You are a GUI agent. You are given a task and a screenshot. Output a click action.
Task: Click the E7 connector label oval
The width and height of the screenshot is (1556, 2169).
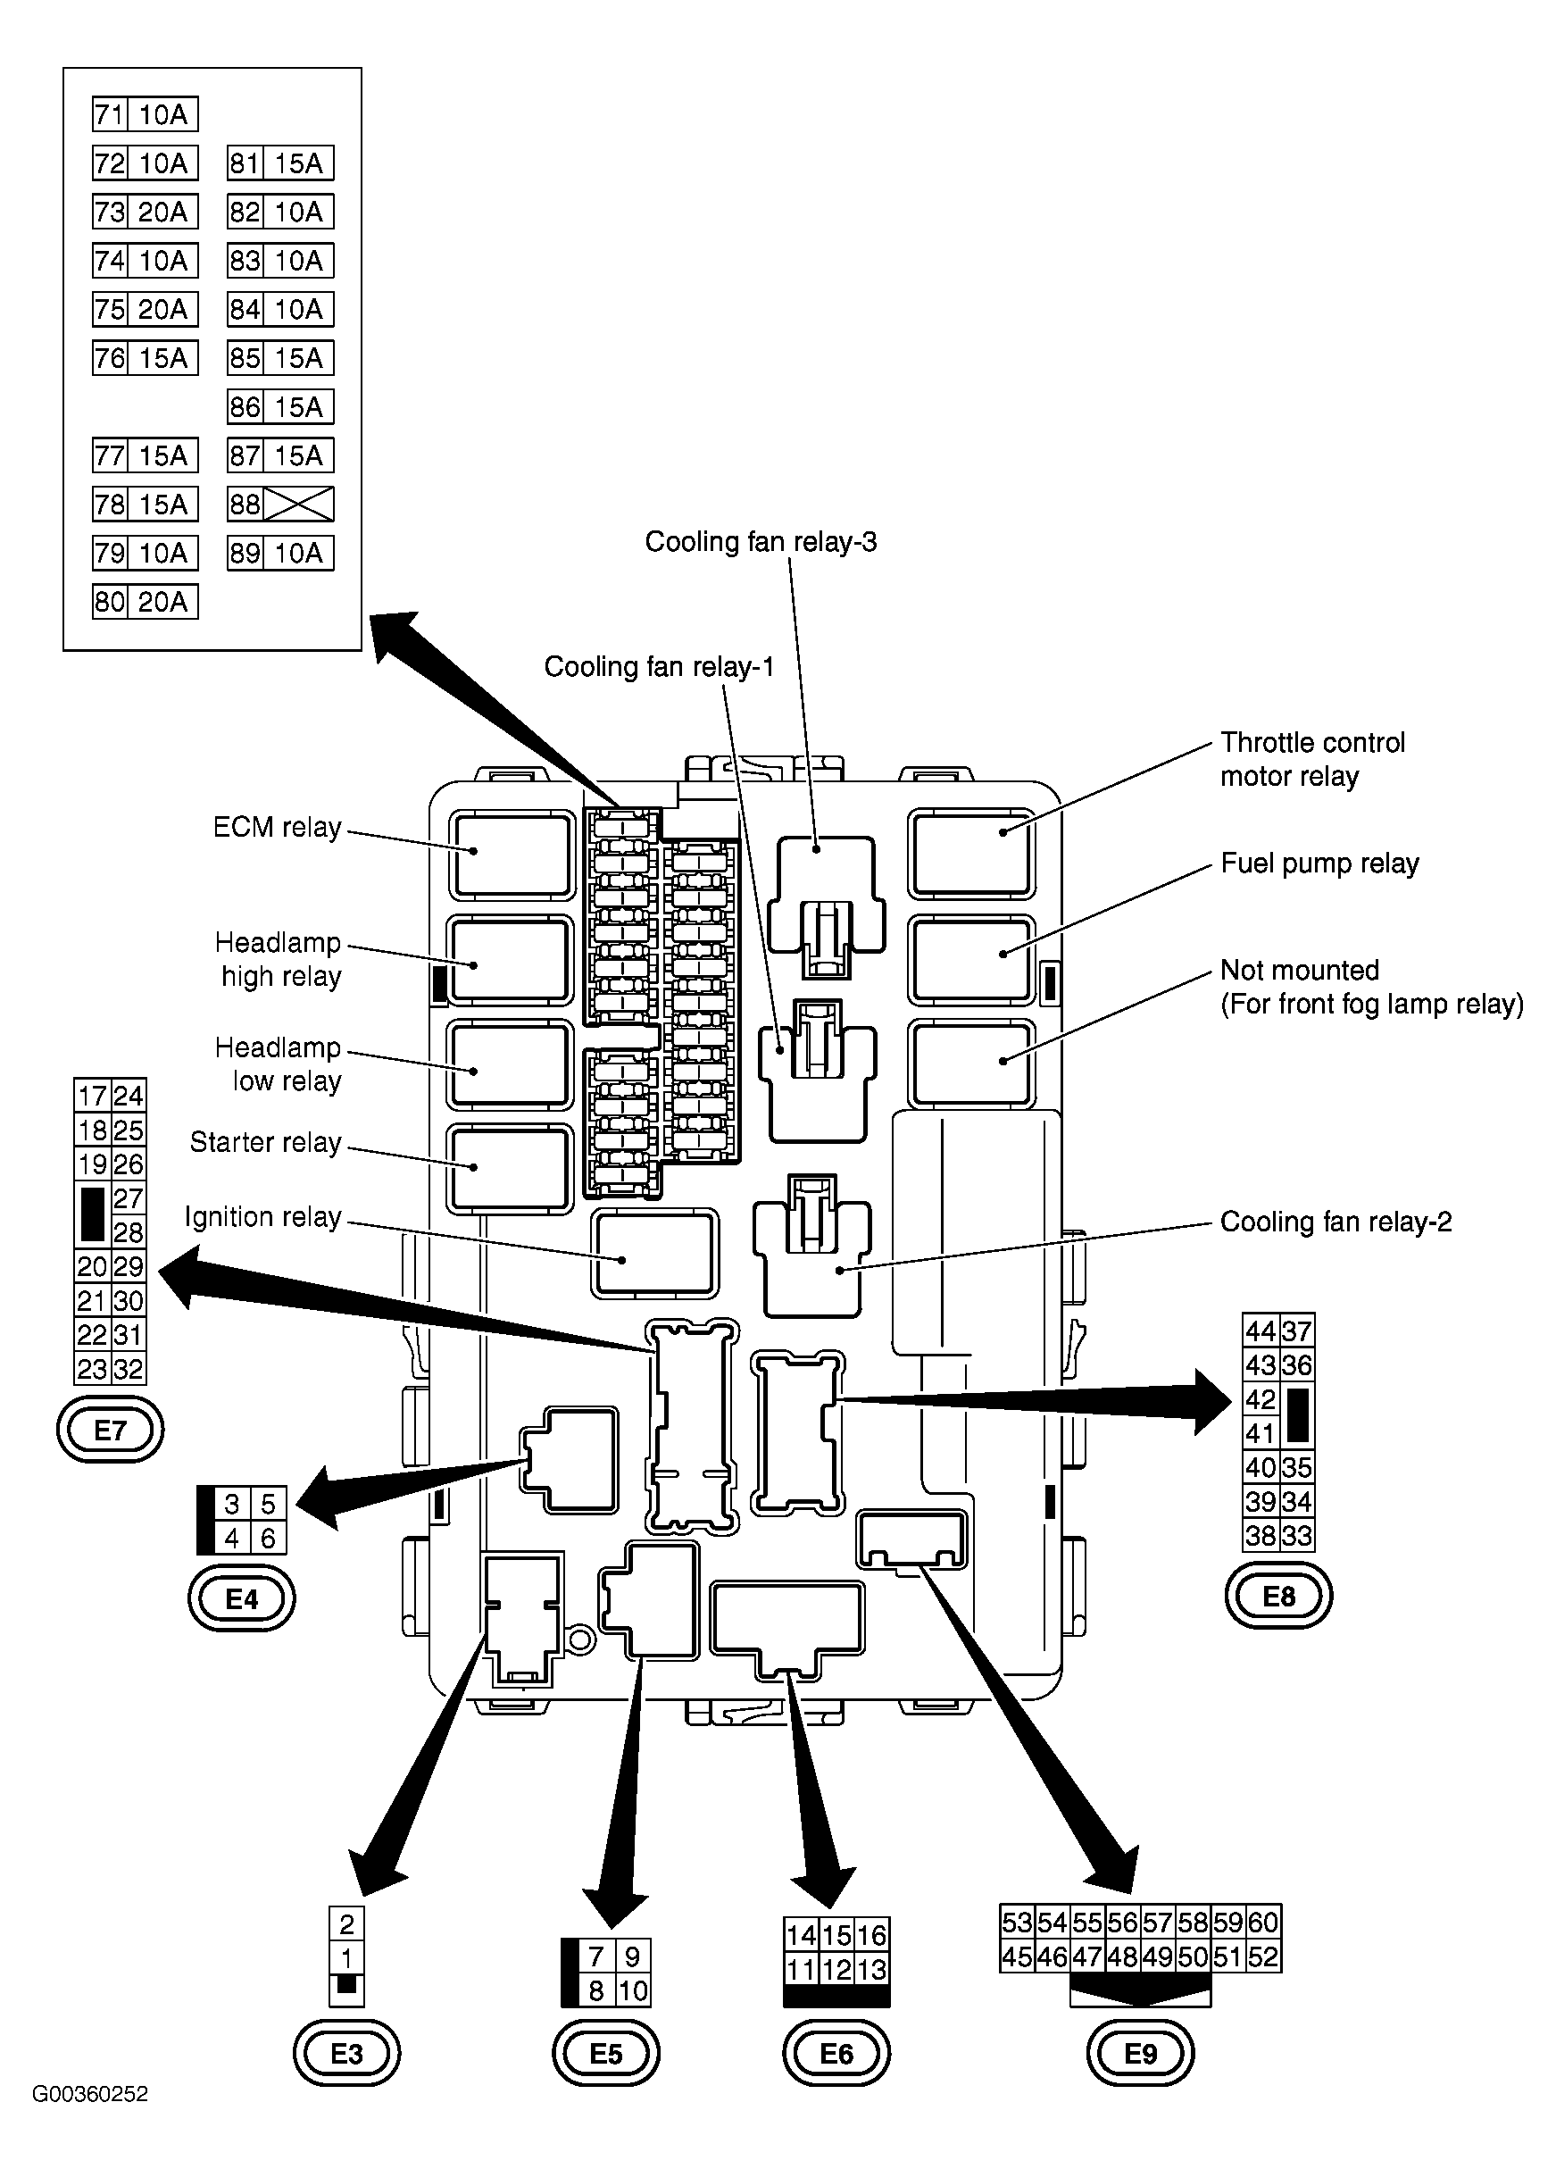point(110,1430)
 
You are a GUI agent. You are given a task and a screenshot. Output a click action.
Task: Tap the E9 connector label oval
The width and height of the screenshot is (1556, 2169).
point(1140,2052)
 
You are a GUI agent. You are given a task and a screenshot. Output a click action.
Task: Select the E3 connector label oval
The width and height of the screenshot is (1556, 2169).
point(346,2052)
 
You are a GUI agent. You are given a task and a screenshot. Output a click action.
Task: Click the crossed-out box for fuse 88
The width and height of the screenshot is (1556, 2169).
point(298,504)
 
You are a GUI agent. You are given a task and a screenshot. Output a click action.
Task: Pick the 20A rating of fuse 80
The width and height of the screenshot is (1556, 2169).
point(162,602)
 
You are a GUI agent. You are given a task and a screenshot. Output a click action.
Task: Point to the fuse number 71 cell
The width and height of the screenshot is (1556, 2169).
point(110,115)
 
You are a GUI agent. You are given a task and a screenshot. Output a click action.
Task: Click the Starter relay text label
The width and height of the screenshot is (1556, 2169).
point(265,1142)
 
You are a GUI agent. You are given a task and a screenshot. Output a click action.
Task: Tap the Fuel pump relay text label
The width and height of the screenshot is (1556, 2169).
point(1319,863)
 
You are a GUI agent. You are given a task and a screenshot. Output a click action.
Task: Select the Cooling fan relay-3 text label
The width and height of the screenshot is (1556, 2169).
point(761,541)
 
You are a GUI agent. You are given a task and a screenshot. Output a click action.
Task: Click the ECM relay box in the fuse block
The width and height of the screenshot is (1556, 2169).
point(512,855)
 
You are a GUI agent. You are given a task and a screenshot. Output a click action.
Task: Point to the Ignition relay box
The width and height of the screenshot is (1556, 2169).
point(654,1253)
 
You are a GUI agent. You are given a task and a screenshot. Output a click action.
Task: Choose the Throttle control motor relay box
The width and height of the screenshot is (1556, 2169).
point(971,854)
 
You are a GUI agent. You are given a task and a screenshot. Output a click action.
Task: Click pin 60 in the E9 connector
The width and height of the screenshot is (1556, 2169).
point(1263,1922)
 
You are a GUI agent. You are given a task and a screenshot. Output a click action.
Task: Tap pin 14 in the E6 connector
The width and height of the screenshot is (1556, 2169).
point(801,1935)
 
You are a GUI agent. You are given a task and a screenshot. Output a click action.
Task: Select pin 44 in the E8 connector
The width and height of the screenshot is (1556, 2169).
point(1261,1331)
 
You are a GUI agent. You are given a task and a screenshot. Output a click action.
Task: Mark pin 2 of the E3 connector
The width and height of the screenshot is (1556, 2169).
point(346,1924)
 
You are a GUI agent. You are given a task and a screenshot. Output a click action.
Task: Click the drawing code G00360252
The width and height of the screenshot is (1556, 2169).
point(90,2121)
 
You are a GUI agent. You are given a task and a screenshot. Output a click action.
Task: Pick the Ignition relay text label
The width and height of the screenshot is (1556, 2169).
point(263,1217)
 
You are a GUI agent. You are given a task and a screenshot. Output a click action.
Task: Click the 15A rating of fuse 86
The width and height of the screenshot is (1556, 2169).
point(298,406)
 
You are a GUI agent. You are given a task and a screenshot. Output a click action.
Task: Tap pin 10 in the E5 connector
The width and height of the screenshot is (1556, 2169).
point(633,1990)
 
